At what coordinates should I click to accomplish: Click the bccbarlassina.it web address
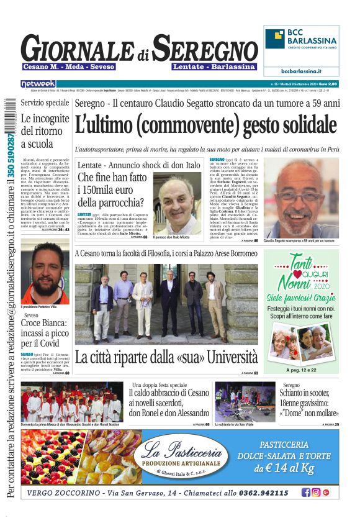point(301,71)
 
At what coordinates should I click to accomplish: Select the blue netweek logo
point(38,83)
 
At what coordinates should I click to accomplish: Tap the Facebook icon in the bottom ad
point(305,493)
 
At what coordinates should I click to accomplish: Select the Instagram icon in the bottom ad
point(315,493)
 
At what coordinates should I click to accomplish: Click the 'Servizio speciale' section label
point(45,102)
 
